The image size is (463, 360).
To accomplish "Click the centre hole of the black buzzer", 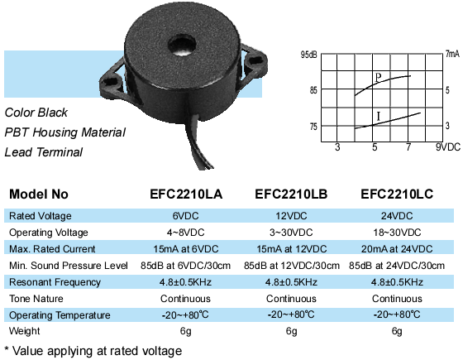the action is click(x=182, y=46).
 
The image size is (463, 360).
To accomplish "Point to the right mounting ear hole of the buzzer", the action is click(x=255, y=61).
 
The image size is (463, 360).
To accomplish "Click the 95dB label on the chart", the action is click(x=309, y=55).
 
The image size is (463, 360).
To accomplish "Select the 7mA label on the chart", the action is click(x=453, y=54).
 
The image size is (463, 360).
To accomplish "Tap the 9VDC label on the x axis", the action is click(x=448, y=147).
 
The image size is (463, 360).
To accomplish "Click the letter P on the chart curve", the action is click(x=379, y=78).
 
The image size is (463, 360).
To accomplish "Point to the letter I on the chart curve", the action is click(x=379, y=116).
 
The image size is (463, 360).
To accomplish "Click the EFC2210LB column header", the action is click(x=291, y=194).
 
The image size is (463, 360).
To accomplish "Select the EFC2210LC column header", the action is click(x=397, y=194).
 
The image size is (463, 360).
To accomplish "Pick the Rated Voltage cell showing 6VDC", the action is click(x=186, y=216).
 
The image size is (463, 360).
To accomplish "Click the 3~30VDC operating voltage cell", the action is click(x=291, y=233).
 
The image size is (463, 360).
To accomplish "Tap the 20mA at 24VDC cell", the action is click(x=397, y=249).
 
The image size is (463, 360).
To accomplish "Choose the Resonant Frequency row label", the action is click(x=55, y=282).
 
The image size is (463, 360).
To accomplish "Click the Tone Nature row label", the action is click(x=36, y=299).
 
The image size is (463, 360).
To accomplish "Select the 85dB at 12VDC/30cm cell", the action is click(x=292, y=266).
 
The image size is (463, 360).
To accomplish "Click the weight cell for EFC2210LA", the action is click(x=186, y=331).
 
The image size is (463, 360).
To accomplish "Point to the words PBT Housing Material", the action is click(x=65, y=132).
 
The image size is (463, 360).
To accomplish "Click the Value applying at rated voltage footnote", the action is click(x=93, y=351).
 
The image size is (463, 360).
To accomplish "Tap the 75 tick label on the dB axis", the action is click(x=313, y=127).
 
